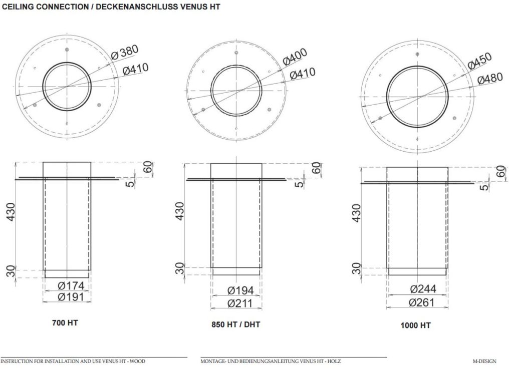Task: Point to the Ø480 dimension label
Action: (490, 79)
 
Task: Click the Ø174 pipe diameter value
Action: (71, 286)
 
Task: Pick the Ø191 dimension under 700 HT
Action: (71, 297)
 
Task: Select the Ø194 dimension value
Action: (240, 290)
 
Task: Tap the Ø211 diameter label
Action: (240, 303)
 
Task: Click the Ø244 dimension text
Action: (423, 289)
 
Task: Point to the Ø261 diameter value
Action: (423, 302)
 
